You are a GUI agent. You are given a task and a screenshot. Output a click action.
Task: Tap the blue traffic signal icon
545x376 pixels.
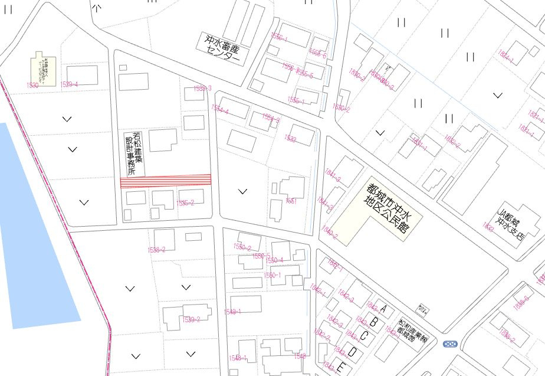point(451,343)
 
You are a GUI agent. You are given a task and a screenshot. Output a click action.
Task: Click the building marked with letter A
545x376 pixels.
point(385,308)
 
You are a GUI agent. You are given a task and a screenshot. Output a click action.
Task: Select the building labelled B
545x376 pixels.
point(373,322)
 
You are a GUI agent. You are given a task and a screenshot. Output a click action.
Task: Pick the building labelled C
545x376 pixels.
point(364,336)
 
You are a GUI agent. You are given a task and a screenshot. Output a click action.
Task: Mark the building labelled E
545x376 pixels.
point(340,366)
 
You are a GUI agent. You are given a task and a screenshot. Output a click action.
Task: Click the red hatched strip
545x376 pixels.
point(166,181)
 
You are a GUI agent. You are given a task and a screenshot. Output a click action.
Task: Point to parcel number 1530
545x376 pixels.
point(32,86)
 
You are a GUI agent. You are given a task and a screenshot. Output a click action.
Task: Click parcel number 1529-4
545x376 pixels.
point(70,84)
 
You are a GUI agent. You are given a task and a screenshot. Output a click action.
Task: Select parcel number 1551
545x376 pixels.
point(291,201)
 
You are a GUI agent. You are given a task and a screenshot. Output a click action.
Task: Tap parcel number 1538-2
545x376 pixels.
point(156,250)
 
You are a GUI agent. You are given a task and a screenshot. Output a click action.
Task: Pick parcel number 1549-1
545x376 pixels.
point(232,312)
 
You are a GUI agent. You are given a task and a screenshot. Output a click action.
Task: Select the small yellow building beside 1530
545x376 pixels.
point(44,68)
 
